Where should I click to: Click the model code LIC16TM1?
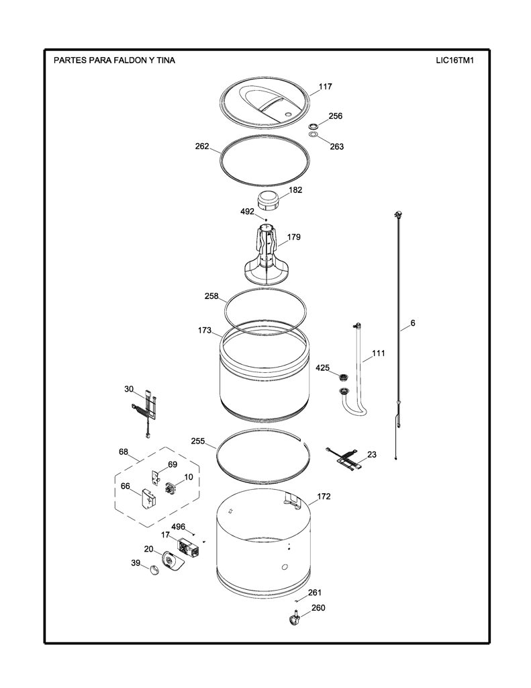(x=454, y=60)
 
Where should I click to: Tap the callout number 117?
(x=325, y=87)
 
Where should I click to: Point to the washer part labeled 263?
(x=314, y=134)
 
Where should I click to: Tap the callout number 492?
(x=247, y=212)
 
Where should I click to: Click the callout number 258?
(x=211, y=296)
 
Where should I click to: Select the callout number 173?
(x=205, y=330)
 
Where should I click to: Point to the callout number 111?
(x=379, y=353)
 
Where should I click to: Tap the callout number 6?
(x=413, y=323)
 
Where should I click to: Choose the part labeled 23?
(x=344, y=459)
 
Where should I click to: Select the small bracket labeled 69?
(x=156, y=478)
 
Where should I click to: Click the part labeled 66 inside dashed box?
(x=147, y=500)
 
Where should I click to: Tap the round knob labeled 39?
(x=154, y=570)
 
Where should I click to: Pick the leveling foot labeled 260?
(x=294, y=617)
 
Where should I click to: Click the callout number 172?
(x=324, y=497)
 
